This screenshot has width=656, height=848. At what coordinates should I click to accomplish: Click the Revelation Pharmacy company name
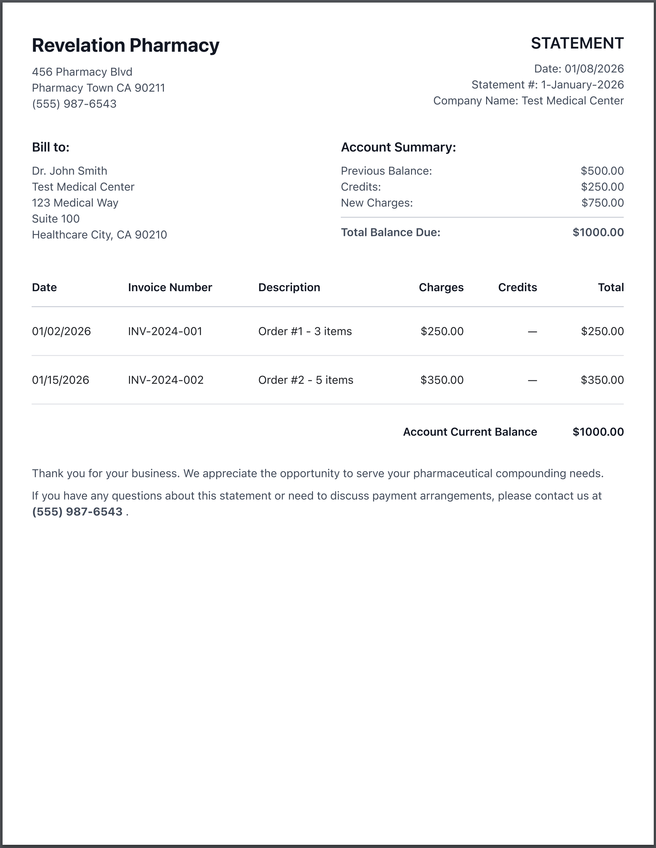tap(126, 45)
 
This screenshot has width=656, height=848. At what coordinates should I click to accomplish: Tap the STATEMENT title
tap(577, 43)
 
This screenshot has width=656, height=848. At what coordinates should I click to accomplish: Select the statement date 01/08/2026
tap(594, 69)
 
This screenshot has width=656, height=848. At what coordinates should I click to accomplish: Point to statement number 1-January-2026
tap(582, 85)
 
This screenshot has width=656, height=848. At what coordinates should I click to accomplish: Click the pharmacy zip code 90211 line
tap(98, 88)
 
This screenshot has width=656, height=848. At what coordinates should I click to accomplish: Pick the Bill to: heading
tap(50, 147)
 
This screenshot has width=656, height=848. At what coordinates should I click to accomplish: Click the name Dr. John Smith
tap(70, 171)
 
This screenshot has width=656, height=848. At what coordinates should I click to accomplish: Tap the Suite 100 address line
tap(56, 219)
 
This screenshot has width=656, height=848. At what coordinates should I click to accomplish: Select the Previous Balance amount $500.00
tap(602, 171)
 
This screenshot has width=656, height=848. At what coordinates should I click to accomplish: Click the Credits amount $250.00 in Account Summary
tap(602, 187)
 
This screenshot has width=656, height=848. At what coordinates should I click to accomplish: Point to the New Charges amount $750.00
tap(602, 203)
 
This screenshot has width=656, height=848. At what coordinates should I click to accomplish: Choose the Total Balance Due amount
tap(598, 232)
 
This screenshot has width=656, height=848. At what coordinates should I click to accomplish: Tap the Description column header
tap(289, 287)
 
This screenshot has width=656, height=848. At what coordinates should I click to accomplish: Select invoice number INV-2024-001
tap(165, 331)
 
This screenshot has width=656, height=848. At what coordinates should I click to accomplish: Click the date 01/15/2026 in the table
tap(61, 380)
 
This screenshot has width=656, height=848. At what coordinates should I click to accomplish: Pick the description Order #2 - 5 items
tap(306, 380)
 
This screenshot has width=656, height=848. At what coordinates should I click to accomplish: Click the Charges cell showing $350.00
tap(442, 380)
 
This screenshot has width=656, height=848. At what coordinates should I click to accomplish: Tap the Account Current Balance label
tap(470, 432)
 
